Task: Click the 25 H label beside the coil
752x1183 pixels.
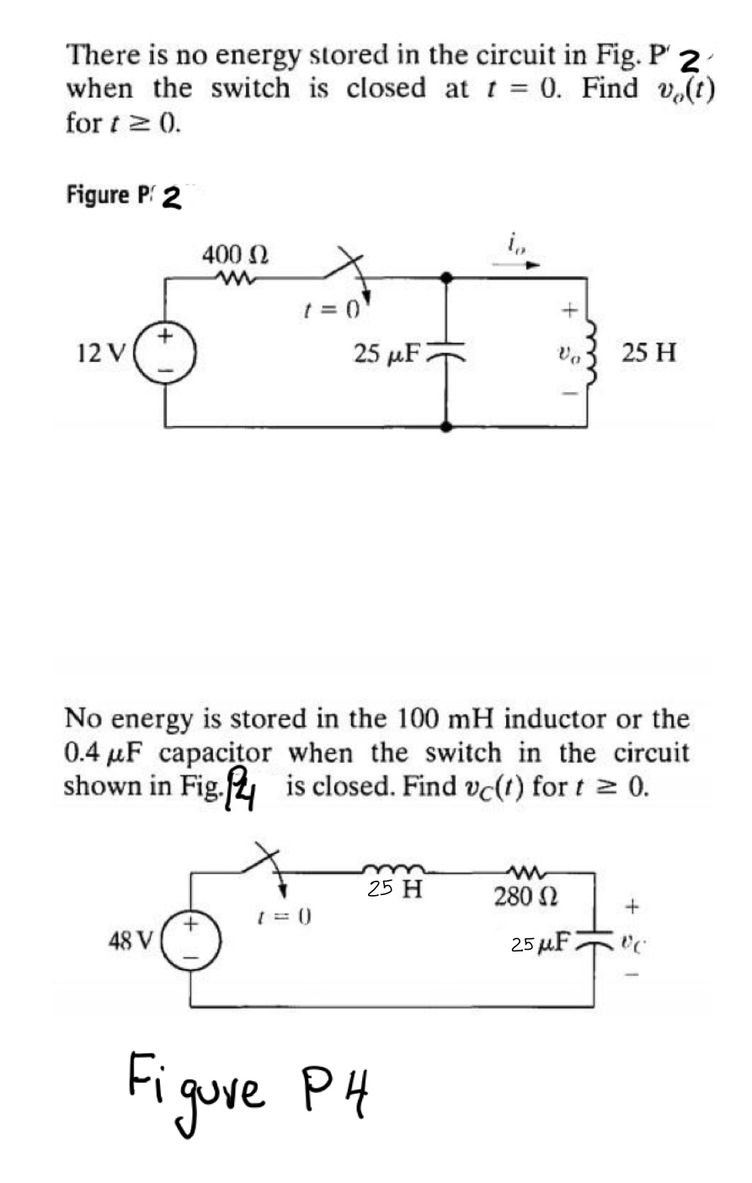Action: point(648,352)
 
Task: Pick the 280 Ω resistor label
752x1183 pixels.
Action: point(521,896)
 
